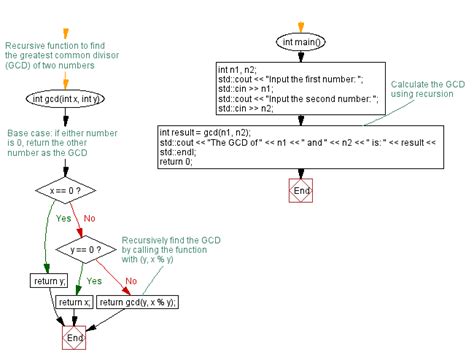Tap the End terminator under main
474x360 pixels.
(301, 191)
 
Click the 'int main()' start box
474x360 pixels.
(301, 42)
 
